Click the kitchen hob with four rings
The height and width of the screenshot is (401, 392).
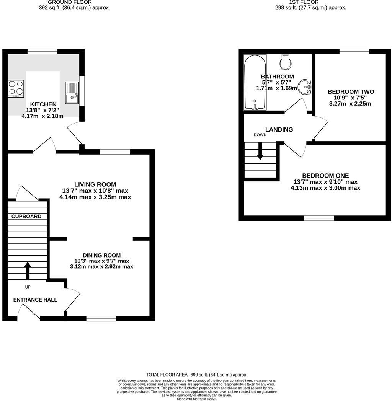16,89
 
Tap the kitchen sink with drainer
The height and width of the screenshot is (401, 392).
72,93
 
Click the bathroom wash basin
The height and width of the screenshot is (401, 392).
305,87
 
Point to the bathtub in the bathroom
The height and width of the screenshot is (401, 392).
255,83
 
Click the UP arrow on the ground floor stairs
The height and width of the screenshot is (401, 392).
28,271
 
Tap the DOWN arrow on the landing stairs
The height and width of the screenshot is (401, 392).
260,151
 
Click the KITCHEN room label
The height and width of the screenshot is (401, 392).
43,104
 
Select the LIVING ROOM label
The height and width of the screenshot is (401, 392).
95,184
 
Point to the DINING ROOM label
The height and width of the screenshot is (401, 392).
101,255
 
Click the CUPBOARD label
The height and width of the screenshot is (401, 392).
26,216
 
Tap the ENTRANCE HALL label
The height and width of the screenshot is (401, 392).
35,300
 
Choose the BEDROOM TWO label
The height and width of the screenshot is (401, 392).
351,92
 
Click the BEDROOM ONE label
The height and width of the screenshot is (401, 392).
325,176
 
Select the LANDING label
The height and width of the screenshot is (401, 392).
279,130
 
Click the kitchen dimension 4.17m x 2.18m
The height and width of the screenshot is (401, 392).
42,116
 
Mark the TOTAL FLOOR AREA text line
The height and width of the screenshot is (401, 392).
196,375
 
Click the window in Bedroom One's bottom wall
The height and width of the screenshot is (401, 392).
319,218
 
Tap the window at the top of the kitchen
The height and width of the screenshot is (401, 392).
42,51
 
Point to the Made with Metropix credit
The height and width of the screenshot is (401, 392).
196,399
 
